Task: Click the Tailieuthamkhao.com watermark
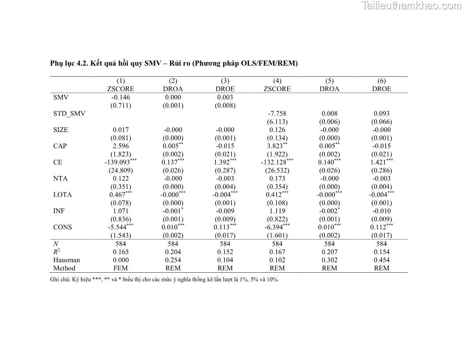pyautogui.click(x=411, y=6)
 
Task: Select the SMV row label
pyautogui.click(x=60, y=97)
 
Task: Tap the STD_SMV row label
pyautogui.click(x=69, y=113)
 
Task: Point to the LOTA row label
pyautogui.click(x=62, y=195)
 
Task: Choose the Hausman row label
pyautogui.click(x=67, y=260)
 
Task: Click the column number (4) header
pyautogui.click(x=277, y=81)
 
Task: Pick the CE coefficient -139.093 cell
pyautogui.click(x=117, y=162)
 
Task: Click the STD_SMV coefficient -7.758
pyautogui.click(x=277, y=113)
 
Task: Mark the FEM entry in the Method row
pyautogui.click(x=120, y=268)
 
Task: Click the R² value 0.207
pyautogui.click(x=329, y=252)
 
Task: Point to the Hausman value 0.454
pyautogui.click(x=381, y=260)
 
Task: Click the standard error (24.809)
pyautogui.click(x=120, y=170)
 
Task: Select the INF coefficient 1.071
pyautogui.click(x=120, y=211)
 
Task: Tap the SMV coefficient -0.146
pyautogui.click(x=120, y=97)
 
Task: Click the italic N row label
pyautogui.click(x=56, y=244)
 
